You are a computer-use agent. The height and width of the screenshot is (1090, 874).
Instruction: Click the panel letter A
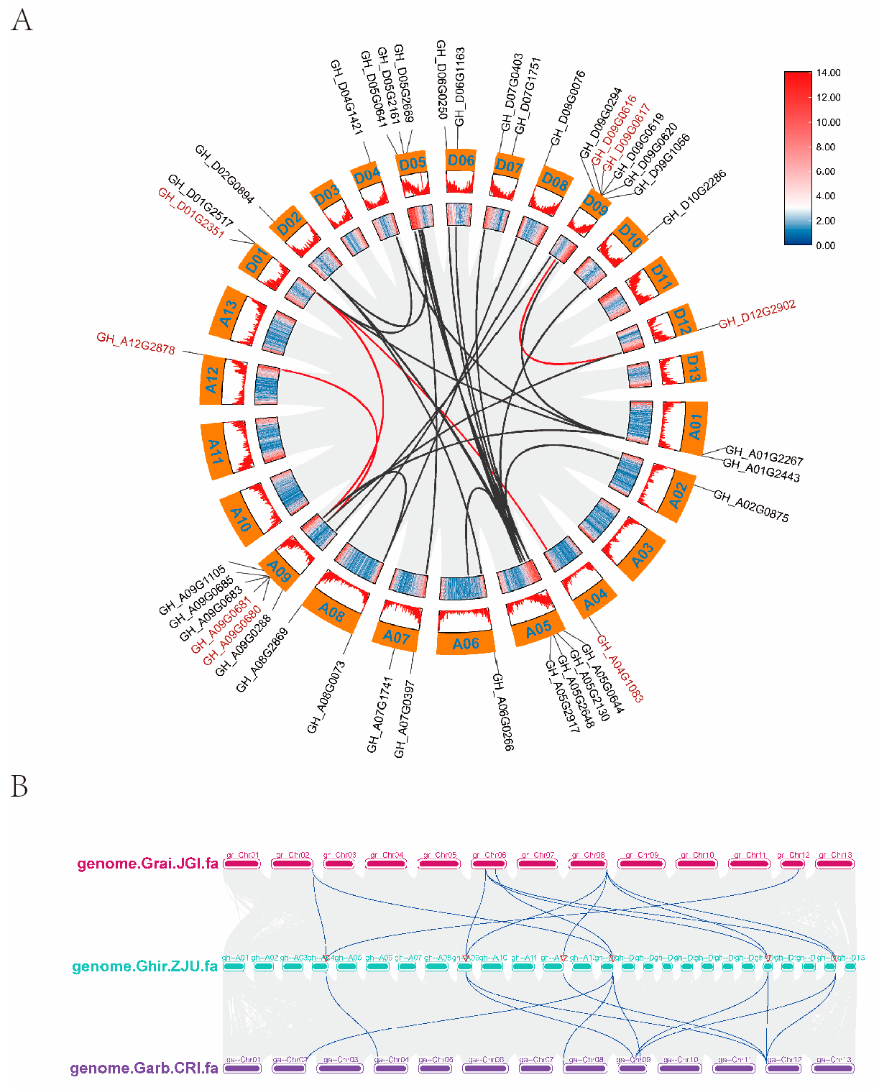22,20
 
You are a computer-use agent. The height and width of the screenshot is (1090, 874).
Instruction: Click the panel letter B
19,787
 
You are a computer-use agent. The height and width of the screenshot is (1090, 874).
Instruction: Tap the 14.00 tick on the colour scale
828,73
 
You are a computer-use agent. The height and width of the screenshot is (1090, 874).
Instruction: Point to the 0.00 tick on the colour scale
826,245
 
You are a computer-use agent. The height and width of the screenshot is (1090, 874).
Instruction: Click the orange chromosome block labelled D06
461,160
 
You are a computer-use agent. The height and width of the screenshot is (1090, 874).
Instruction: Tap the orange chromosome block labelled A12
211,379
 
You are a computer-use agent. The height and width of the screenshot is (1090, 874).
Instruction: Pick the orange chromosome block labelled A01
694,427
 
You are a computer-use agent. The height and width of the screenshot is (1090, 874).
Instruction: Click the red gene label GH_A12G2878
136,344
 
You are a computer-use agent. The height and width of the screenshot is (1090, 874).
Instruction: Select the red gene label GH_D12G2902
757,314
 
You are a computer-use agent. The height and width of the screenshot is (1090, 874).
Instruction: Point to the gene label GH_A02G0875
751,505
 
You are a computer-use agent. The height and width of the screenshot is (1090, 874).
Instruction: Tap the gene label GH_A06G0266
502,711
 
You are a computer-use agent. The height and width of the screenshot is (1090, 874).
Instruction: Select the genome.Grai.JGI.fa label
147,864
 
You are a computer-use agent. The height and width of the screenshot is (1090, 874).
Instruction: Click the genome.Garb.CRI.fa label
144,1068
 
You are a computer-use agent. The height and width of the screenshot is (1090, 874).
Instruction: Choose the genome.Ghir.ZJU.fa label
144,966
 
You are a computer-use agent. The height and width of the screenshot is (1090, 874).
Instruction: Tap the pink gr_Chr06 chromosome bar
489,864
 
